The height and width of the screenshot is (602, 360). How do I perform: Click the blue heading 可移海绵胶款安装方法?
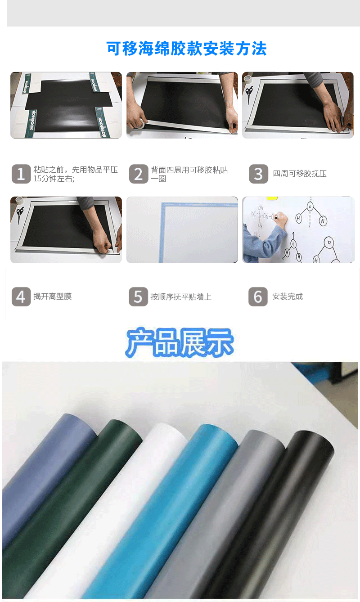click(186, 49)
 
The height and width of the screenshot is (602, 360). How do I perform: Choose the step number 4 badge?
click(21, 297)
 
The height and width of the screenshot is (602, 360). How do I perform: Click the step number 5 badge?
click(138, 297)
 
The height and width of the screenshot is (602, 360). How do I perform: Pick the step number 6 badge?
click(258, 297)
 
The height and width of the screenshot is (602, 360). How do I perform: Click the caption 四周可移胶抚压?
click(300, 174)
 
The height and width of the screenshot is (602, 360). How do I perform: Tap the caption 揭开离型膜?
click(53, 297)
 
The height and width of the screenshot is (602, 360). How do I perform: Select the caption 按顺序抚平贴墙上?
click(181, 297)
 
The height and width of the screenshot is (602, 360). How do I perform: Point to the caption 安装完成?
click(288, 297)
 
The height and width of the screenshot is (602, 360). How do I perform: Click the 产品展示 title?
click(180, 343)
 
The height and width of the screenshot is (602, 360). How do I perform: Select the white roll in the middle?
click(130, 504)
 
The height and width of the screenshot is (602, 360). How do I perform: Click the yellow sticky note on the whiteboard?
click(272, 198)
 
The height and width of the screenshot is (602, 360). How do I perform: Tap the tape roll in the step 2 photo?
click(137, 123)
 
